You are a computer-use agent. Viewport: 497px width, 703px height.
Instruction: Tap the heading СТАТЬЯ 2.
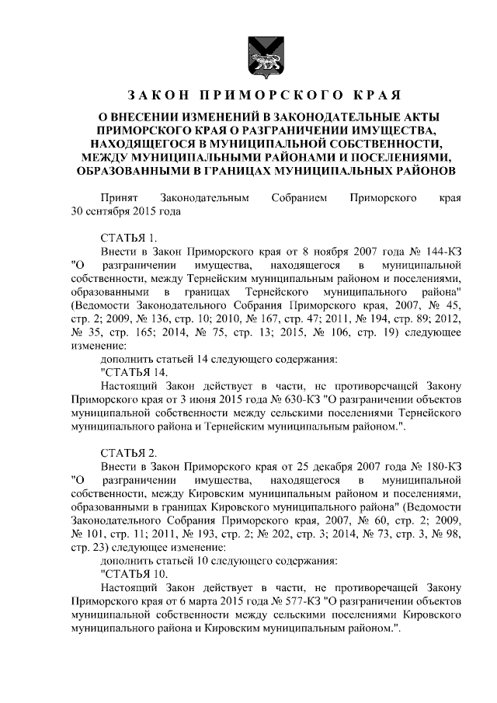tap(129, 452)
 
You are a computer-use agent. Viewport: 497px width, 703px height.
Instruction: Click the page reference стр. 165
tap(136, 332)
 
